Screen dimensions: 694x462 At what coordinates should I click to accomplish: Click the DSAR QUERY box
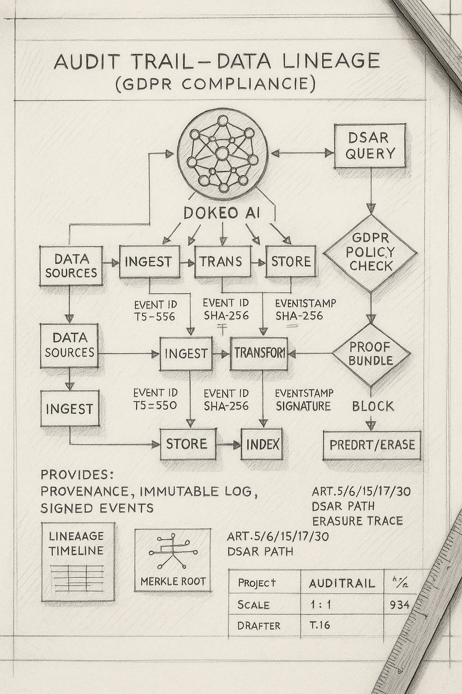tap(370, 146)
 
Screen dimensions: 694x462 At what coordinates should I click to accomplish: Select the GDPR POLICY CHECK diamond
tap(370, 253)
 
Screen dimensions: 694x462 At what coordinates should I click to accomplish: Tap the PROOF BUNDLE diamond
tap(371, 354)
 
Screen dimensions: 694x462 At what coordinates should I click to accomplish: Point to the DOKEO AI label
tap(222, 213)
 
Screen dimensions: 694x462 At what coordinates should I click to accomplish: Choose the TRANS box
tap(222, 261)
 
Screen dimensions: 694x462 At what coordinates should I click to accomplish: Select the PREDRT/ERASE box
tap(372, 445)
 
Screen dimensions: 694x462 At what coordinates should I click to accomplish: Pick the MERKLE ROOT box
tap(173, 560)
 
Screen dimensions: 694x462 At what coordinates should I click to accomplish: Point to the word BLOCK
tap(373, 406)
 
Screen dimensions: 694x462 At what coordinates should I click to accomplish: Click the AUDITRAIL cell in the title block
tap(342, 583)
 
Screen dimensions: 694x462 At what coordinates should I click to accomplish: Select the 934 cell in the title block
tap(399, 605)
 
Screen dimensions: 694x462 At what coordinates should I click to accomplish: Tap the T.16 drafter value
tap(319, 625)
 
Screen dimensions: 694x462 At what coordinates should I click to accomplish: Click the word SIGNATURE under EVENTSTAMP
tap(303, 406)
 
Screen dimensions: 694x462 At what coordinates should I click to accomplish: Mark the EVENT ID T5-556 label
tap(155, 310)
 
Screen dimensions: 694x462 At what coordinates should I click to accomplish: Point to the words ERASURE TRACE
tap(357, 521)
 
